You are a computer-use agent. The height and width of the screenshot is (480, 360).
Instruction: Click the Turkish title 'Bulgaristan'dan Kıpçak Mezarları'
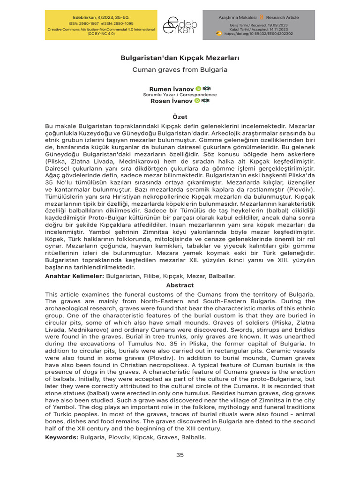[180, 58]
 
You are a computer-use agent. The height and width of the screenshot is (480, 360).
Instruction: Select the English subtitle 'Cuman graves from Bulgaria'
[180, 69]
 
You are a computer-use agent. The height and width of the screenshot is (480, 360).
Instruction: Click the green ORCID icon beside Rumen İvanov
[198, 89]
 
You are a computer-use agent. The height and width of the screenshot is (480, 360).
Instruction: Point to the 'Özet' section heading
[180, 117]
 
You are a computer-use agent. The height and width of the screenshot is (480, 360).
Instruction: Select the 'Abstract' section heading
[180, 285]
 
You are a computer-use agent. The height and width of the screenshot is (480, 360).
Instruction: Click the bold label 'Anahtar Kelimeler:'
[75, 277]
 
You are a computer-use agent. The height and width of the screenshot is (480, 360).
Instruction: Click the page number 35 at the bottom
[180, 455]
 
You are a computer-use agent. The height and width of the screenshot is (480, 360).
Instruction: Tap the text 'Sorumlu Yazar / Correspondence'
[180, 95]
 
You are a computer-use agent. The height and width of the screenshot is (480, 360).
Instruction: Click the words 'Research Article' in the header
[283, 17]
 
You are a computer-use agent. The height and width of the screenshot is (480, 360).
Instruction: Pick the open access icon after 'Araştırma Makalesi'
[262, 17]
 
